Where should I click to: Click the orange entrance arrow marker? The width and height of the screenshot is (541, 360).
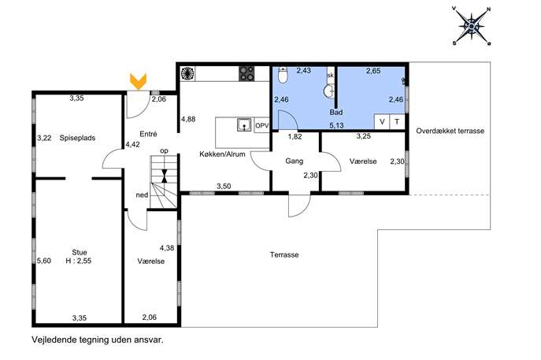tap(138, 81)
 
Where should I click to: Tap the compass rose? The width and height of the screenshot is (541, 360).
tap(471, 26)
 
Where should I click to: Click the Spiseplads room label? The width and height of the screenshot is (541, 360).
tap(77, 138)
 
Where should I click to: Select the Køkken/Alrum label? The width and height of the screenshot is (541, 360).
tap(222, 154)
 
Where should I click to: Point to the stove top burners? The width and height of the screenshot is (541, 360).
tap(246, 73)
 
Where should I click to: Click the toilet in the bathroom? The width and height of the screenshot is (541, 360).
tap(283, 75)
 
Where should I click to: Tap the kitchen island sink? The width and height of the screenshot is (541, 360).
tap(244, 124)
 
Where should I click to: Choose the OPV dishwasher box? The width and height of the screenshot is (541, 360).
tap(262, 125)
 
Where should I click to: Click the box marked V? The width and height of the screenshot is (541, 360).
tap(382, 122)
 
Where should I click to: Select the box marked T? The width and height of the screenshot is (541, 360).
tap(397, 122)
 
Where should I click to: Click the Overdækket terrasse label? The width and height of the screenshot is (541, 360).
tap(450, 131)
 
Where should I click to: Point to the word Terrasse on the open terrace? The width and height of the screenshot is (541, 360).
tap(284, 254)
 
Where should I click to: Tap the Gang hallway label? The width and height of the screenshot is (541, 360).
tap(295, 161)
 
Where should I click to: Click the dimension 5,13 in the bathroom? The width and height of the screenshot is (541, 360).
tap(336, 125)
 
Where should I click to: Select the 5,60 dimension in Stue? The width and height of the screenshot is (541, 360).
tap(44, 261)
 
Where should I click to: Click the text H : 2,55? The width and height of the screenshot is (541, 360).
tap(79, 261)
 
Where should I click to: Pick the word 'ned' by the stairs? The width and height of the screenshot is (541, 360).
tap(142, 195)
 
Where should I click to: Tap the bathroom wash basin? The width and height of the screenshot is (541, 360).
tap(329, 92)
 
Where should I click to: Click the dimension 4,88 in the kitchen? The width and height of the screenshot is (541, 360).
tap(188, 120)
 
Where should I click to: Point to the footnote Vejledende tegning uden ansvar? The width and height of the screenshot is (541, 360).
tap(98, 340)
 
